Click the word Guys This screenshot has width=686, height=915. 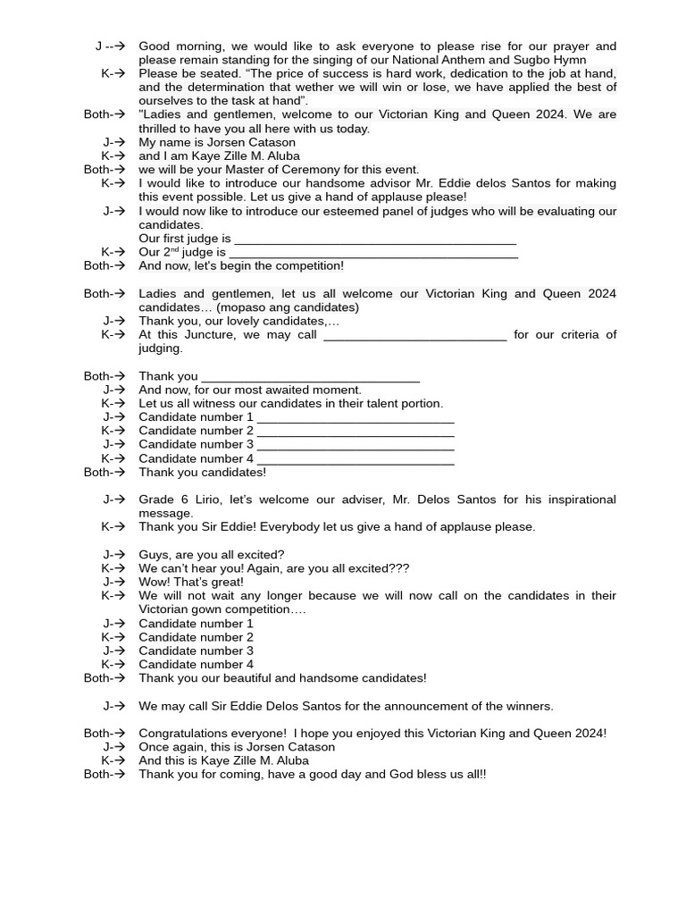[153, 555]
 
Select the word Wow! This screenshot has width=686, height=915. [155, 582]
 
